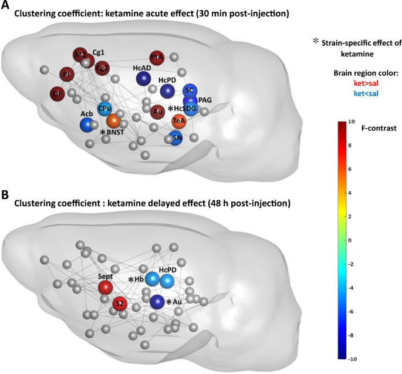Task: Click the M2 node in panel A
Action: pos(80,55)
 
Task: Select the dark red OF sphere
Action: pos(58,93)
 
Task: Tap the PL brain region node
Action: pos(67,75)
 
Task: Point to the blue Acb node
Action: pos(87,124)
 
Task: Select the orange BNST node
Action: pos(113,122)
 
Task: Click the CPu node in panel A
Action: pos(105,108)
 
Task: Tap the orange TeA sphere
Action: pos(180,121)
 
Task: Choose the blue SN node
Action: pos(176,139)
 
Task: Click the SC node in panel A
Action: pos(188,90)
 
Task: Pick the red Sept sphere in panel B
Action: pos(105,288)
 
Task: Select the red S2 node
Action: pos(119,303)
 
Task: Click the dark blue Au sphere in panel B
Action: pos(157,302)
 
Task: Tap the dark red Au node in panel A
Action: pos(157,111)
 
